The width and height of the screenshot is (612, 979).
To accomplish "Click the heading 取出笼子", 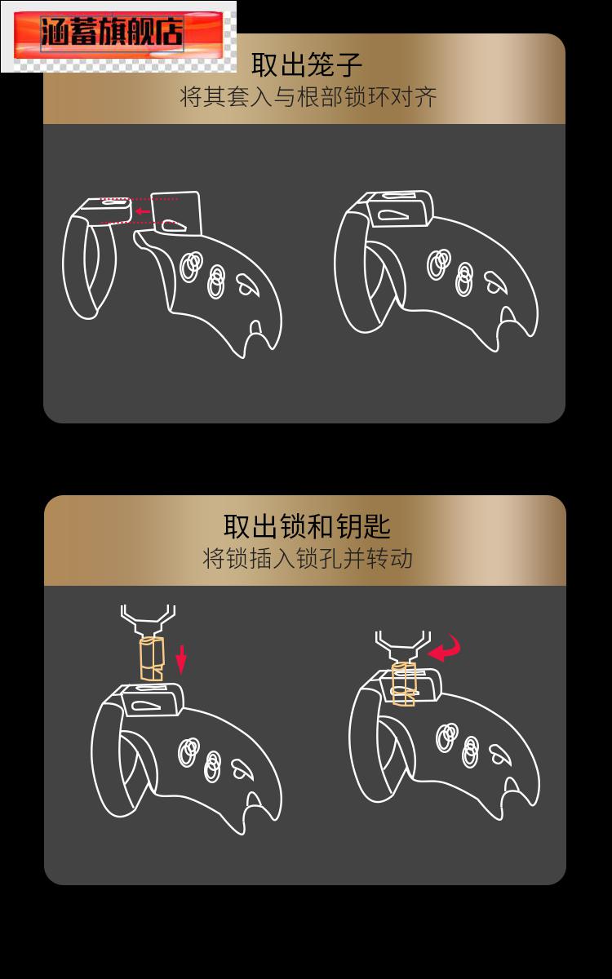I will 306,65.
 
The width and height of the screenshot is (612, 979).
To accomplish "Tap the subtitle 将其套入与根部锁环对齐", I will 308,98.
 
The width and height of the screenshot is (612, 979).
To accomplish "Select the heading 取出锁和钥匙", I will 307,526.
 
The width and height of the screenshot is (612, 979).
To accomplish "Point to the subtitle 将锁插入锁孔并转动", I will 307,559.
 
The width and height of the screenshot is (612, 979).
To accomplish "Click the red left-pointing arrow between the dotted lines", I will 143,211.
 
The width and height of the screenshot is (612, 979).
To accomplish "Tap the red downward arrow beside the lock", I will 181,658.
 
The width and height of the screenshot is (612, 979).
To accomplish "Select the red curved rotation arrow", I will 446,649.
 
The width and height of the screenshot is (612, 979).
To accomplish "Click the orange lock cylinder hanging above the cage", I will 151,658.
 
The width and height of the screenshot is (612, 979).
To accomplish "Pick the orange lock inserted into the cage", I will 404,684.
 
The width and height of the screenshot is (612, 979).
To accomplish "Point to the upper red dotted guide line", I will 139,198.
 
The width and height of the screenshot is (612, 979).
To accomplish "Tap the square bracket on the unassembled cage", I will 178,212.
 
